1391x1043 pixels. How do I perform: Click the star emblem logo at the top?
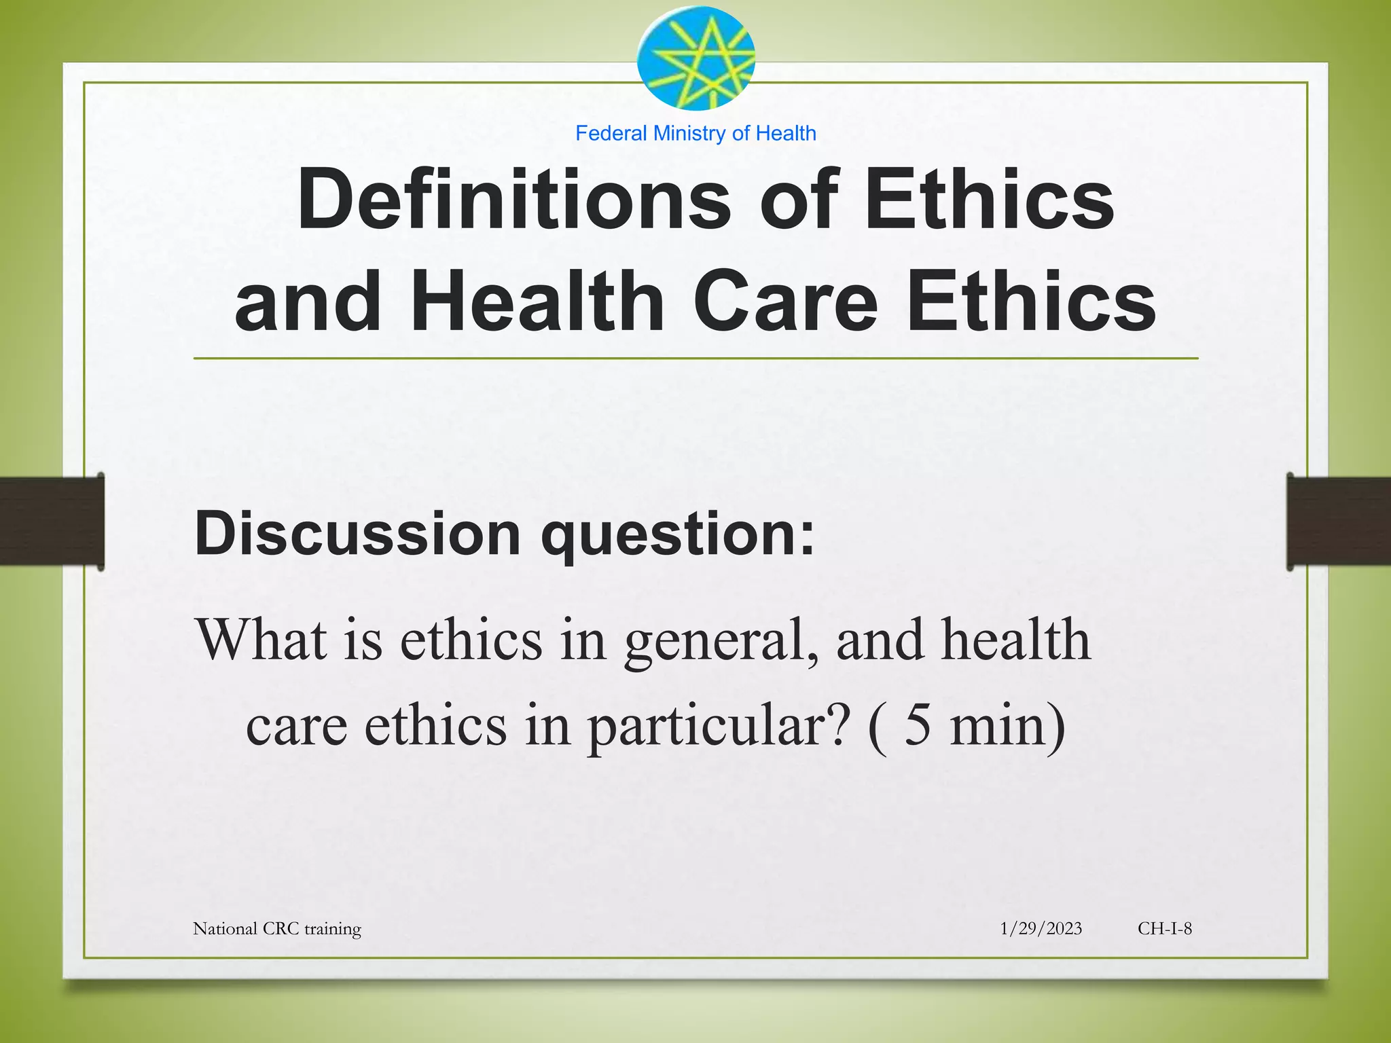click(x=695, y=58)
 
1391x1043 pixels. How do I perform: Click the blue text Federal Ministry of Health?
click(x=695, y=133)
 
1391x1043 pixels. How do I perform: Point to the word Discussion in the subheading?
click(x=357, y=534)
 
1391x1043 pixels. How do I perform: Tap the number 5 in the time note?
click(x=918, y=725)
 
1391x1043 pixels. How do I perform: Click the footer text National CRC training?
click(x=277, y=928)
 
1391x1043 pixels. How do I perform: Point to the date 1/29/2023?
click(x=1041, y=928)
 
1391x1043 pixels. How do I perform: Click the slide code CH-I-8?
click(x=1165, y=928)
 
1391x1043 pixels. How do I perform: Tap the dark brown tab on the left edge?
click(x=52, y=521)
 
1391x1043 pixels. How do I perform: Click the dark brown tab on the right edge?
click(x=1339, y=521)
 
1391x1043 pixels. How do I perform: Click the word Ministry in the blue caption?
click(x=689, y=133)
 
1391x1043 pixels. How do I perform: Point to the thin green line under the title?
click(x=695, y=358)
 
